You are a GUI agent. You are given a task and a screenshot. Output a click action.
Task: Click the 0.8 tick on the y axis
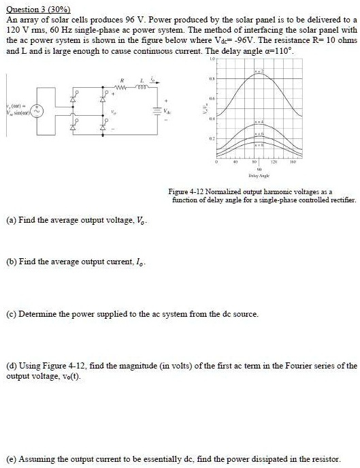point(213,80)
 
